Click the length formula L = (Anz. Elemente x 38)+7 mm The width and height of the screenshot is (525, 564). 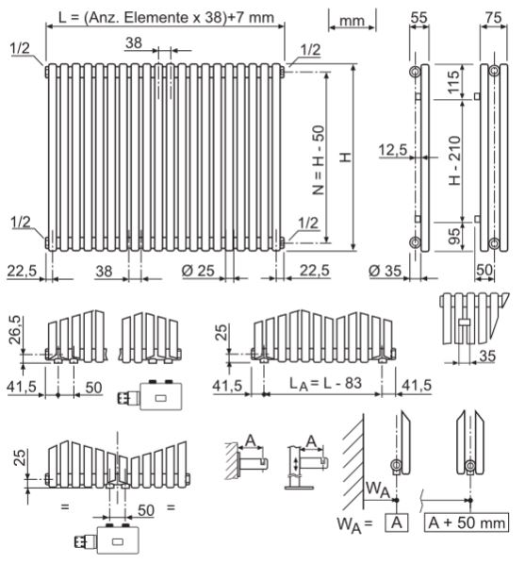pos(166,15)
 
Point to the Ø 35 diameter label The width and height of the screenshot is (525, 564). pos(386,271)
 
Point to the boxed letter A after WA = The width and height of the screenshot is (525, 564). pos(400,521)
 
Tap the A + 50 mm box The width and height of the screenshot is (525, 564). pos(468,521)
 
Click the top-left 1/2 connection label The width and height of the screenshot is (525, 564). pos(22,47)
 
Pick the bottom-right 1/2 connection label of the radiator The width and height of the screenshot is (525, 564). pos(307,223)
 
